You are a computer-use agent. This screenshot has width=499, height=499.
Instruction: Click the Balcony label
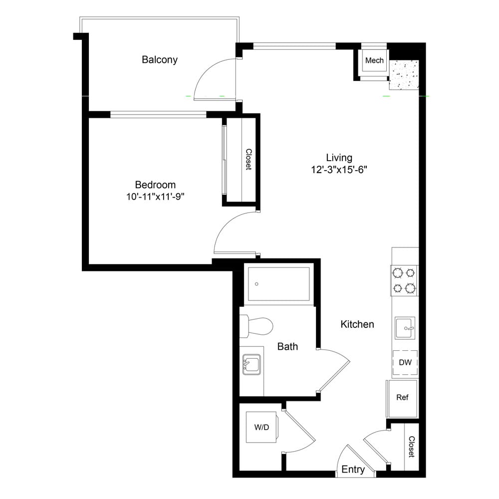(160, 60)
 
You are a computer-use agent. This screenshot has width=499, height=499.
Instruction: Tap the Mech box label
(374, 60)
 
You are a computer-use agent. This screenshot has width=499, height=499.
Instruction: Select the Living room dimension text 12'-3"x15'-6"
(339, 170)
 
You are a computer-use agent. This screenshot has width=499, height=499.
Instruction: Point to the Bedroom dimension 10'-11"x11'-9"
(155, 197)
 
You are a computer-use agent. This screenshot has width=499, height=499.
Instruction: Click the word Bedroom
(155, 185)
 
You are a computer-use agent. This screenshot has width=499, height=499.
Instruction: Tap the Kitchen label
(357, 324)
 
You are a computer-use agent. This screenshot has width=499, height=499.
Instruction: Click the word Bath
(287, 346)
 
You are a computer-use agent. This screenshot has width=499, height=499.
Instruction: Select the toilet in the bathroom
(256, 326)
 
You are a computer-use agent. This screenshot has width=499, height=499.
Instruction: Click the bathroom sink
(251, 364)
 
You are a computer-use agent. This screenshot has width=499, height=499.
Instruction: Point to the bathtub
(279, 284)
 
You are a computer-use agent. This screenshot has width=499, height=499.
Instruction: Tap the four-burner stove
(404, 280)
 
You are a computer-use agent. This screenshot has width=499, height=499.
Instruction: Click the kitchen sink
(405, 328)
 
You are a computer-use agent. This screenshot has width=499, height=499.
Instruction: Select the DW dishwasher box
(405, 362)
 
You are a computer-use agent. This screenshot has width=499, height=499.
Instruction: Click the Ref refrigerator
(402, 398)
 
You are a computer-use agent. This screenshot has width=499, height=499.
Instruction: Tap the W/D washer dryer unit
(262, 427)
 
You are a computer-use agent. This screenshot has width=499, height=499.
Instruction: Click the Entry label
(353, 469)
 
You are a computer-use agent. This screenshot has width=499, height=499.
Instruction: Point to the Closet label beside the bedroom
(249, 159)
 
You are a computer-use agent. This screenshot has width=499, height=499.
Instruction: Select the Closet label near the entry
(412, 447)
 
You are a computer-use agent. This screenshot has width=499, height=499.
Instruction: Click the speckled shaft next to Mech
(404, 75)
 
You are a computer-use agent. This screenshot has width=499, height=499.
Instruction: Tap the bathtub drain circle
(256, 284)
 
